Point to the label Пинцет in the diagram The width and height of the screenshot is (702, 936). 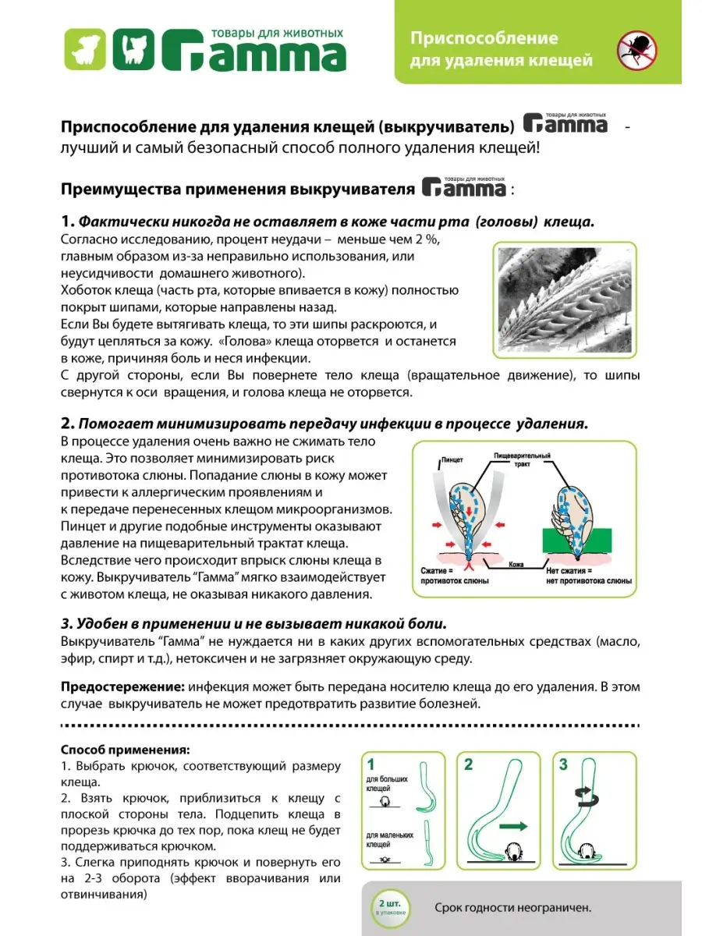pos(452,460)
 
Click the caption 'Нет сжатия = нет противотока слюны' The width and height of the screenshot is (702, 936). pos(590,576)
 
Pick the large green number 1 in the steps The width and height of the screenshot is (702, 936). pos(371,764)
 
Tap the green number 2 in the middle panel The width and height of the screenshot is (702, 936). pos(468,764)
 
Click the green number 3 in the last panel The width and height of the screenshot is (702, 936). pos(563,764)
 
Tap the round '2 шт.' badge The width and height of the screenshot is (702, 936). pos(385,906)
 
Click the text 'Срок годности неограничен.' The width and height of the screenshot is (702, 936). pos(512,907)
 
